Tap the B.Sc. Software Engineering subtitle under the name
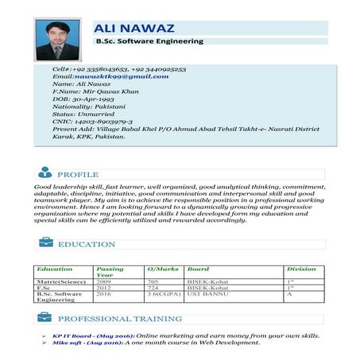tap(149, 41)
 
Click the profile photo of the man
tap(57, 39)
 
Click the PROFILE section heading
tap(77, 174)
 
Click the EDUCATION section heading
tap(87, 244)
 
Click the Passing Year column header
tap(109, 272)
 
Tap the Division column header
tap(300, 269)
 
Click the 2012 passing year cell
tap(103, 288)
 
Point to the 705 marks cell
tap(153, 281)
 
